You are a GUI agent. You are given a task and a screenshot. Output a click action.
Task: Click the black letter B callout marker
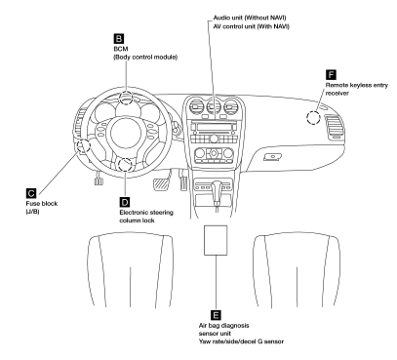point(119,39)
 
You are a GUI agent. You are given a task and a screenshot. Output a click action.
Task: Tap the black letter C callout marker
point(31,193)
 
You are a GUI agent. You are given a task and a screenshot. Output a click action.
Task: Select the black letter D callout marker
point(125,202)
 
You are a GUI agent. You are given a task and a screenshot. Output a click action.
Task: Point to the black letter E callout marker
point(216,315)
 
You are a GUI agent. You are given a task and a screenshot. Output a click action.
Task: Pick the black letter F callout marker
point(331,74)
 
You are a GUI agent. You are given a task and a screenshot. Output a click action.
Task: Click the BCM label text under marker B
point(121,49)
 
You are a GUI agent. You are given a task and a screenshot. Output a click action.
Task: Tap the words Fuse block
point(42,204)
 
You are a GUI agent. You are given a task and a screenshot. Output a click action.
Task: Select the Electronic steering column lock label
point(146,217)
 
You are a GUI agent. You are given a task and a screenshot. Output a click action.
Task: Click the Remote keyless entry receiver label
point(357,89)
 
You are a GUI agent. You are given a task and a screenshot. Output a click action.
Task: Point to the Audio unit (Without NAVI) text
point(250,18)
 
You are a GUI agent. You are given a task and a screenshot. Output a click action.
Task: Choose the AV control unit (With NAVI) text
point(251,26)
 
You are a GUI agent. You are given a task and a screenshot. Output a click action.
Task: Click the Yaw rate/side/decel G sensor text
point(241,341)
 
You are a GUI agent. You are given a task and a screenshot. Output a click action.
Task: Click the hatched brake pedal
point(160,184)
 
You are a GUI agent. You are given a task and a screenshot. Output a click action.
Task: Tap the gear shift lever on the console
point(217,193)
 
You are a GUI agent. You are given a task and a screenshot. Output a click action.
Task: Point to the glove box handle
point(272,157)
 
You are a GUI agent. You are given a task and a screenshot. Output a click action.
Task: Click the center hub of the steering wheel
point(125,135)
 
